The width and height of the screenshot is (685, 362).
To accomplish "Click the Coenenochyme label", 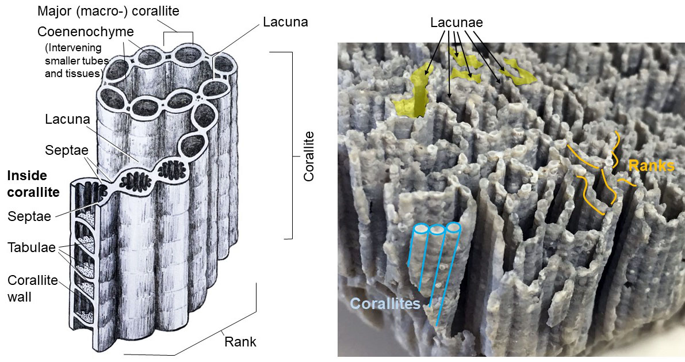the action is click(86, 32).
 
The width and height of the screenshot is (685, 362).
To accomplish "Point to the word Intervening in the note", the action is click(73, 48).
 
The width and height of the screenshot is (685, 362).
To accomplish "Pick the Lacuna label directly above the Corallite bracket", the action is click(285, 22).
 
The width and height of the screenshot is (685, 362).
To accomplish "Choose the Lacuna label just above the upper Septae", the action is click(67, 119).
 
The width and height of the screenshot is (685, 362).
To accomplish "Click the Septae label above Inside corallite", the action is click(66, 150).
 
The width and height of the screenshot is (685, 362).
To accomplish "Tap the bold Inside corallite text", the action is click(33, 184).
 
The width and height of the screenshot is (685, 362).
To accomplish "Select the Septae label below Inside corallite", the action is click(29, 216).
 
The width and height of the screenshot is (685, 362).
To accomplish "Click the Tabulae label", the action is click(32, 248).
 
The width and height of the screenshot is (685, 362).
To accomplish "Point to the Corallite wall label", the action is click(32, 288).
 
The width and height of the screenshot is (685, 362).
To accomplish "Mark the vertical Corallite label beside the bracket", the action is click(309, 156).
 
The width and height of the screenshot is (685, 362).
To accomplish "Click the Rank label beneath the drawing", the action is click(240, 341).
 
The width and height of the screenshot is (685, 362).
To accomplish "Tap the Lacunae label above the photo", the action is click(457, 23).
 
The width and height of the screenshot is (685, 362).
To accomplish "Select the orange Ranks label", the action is click(652, 165).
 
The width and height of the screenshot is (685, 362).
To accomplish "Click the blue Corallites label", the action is click(385, 303).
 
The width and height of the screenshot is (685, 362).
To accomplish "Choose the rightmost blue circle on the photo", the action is click(453, 227).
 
